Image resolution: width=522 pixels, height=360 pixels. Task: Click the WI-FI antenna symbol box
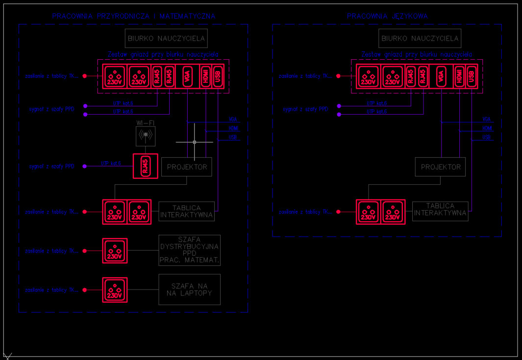(145, 136)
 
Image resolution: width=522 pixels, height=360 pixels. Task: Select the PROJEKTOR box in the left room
(187, 167)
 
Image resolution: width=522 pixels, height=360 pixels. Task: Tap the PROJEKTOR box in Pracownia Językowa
(440, 167)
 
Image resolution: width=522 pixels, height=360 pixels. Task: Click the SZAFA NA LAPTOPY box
(189, 289)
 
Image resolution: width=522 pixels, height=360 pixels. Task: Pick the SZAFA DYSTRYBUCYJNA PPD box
(189, 250)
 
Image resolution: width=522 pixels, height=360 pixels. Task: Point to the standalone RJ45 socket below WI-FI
(146, 166)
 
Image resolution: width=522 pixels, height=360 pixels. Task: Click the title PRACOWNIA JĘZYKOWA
(387, 16)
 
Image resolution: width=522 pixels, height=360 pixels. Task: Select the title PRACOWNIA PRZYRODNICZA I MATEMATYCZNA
(133, 16)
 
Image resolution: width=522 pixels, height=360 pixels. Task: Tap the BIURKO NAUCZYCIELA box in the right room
(420, 38)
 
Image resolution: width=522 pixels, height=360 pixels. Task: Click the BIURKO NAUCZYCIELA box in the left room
(167, 38)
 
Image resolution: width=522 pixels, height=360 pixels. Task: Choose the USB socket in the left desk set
(218, 76)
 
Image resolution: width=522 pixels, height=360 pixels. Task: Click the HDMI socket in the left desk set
(206, 76)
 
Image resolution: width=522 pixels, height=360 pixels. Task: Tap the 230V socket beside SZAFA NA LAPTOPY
(115, 290)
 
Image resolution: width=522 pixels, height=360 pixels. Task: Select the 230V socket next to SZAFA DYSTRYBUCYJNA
(115, 251)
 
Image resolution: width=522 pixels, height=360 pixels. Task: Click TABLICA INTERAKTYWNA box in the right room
(440, 211)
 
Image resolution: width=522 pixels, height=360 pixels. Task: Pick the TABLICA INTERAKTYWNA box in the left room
(187, 211)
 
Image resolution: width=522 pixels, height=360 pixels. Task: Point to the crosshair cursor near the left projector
(195, 142)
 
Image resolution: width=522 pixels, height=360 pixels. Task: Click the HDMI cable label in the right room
(487, 128)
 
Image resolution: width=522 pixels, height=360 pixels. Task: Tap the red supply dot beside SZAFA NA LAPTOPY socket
(85, 290)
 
